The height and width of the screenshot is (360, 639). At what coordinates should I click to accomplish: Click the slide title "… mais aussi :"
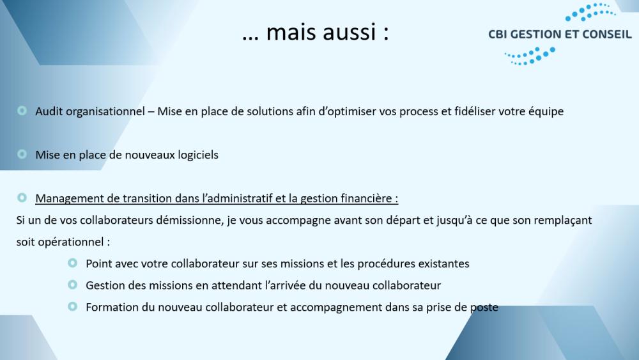tap(316, 32)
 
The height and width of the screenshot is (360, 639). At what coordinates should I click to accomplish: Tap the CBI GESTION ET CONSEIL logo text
tap(560, 35)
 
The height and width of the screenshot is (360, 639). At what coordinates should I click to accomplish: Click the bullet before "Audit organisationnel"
tap(22, 111)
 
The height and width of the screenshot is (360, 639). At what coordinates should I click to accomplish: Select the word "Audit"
tap(49, 111)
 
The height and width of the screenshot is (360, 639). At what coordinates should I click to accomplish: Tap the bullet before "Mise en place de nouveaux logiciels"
tap(22, 154)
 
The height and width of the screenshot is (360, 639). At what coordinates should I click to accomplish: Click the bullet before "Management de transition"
tap(22, 198)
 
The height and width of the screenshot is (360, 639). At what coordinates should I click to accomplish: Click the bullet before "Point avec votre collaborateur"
tap(73, 263)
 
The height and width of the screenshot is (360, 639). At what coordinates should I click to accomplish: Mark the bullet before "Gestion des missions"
tap(73, 285)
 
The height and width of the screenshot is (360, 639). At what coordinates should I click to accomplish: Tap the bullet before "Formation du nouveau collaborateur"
tap(73, 306)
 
